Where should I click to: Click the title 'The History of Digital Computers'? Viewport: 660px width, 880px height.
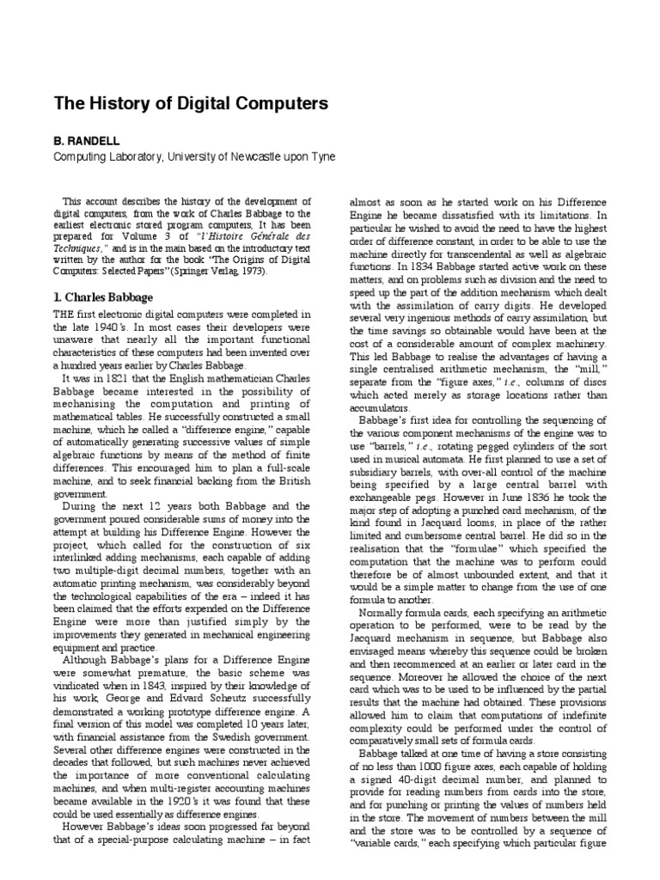tap(191, 105)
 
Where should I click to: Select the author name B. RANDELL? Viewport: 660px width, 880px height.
tap(88, 138)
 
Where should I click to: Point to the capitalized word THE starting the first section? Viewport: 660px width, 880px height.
tap(67, 315)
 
